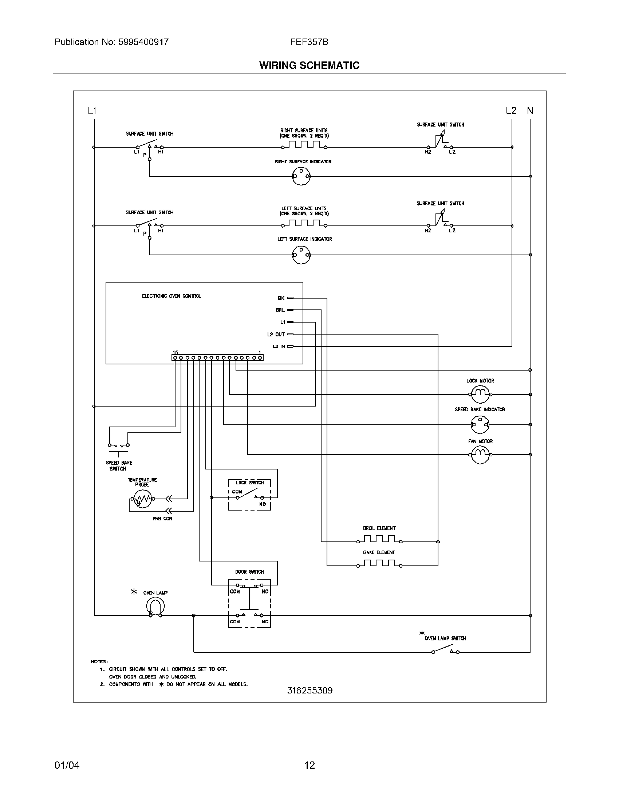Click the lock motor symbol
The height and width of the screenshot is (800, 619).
pyautogui.click(x=480, y=394)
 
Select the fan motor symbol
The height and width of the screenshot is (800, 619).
pyautogui.click(x=480, y=455)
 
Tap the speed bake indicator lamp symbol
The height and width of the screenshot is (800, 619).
pyautogui.click(x=480, y=424)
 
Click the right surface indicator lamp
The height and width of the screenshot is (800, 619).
pyautogui.click(x=301, y=176)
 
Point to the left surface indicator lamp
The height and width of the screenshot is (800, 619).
pyautogui.click(x=301, y=255)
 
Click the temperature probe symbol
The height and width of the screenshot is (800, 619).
pyautogui.click(x=142, y=499)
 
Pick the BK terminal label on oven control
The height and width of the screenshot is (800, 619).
pyautogui.click(x=281, y=298)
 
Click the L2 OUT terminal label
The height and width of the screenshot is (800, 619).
pyautogui.click(x=276, y=335)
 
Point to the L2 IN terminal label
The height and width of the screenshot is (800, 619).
pyautogui.click(x=279, y=346)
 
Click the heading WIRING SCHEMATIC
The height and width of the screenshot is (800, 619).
pyautogui.click(x=309, y=65)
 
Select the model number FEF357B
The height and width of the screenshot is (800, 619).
pyautogui.click(x=309, y=42)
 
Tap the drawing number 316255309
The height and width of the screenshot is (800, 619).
pyautogui.click(x=309, y=691)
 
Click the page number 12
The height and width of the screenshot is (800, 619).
pyautogui.click(x=309, y=765)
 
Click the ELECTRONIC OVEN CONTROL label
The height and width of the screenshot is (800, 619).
pyautogui.click(x=171, y=296)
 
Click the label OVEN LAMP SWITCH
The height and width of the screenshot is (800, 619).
pyautogui.click(x=445, y=639)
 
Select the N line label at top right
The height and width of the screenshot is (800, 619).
pyautogui.click(x=530, y=111)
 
